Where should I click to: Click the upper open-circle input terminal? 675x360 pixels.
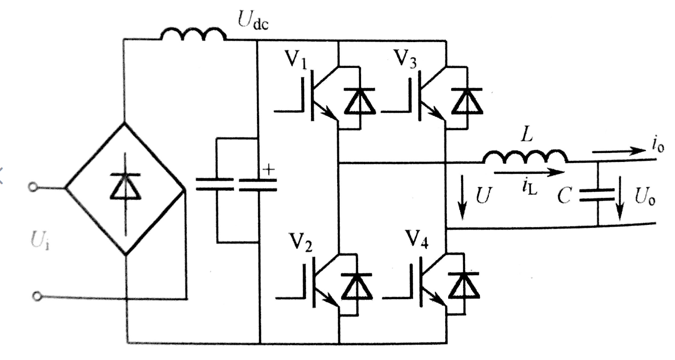click(34, 187)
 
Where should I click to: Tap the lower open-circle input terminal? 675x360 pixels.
click(35, 296)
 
